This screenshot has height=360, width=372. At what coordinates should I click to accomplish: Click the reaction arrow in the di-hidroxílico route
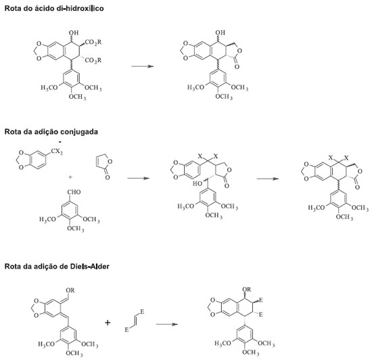[x=143, y=66]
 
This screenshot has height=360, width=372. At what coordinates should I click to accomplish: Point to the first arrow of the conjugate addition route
[x=138, y=178]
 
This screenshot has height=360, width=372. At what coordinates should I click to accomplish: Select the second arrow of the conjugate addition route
[x=268, y=179]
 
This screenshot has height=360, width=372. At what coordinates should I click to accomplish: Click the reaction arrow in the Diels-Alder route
[x=167, y=324]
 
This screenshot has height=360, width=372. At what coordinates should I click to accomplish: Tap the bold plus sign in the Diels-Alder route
[x=108, y=323]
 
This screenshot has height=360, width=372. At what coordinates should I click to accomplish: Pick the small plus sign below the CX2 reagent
[x=70, y=177]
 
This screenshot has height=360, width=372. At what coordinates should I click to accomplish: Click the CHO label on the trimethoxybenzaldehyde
[x=74, y=192]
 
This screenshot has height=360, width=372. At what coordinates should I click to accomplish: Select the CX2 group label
[x=57, y=152]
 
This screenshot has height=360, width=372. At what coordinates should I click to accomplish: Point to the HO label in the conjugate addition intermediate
[x=197, y=183]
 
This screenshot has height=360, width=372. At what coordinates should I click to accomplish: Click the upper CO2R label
[x=93, y=42]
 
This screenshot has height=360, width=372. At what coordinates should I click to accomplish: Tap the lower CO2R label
[x=93, y=60]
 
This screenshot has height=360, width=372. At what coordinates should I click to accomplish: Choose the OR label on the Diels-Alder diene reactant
[x=70, y=290]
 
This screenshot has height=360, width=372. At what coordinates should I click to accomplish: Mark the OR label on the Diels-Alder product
[x=247, y=290]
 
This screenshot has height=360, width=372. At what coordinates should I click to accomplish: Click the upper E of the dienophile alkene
[x=142, y=312]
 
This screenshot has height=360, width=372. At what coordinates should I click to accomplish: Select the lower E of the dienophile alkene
[x=127, y=330]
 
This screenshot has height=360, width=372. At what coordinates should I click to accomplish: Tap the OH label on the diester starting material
[x=74, y=32]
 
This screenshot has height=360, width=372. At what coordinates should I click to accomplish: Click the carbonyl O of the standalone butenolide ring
[x=108, y=177]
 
